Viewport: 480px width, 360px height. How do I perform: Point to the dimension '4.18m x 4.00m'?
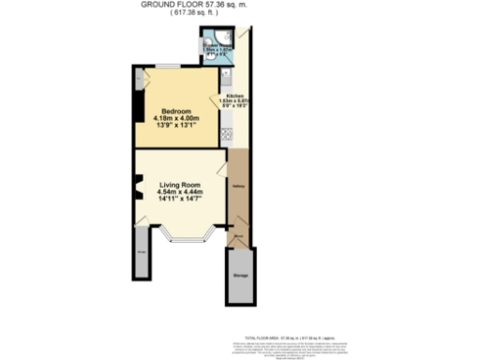[x=177, y=119]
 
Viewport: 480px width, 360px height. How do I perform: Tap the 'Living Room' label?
[x=181, y=185]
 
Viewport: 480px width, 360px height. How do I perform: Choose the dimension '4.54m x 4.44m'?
[x=181, y=194]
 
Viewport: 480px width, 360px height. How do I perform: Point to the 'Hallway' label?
[x=239, y=188]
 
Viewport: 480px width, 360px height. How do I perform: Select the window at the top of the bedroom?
[x=170, y=65]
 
